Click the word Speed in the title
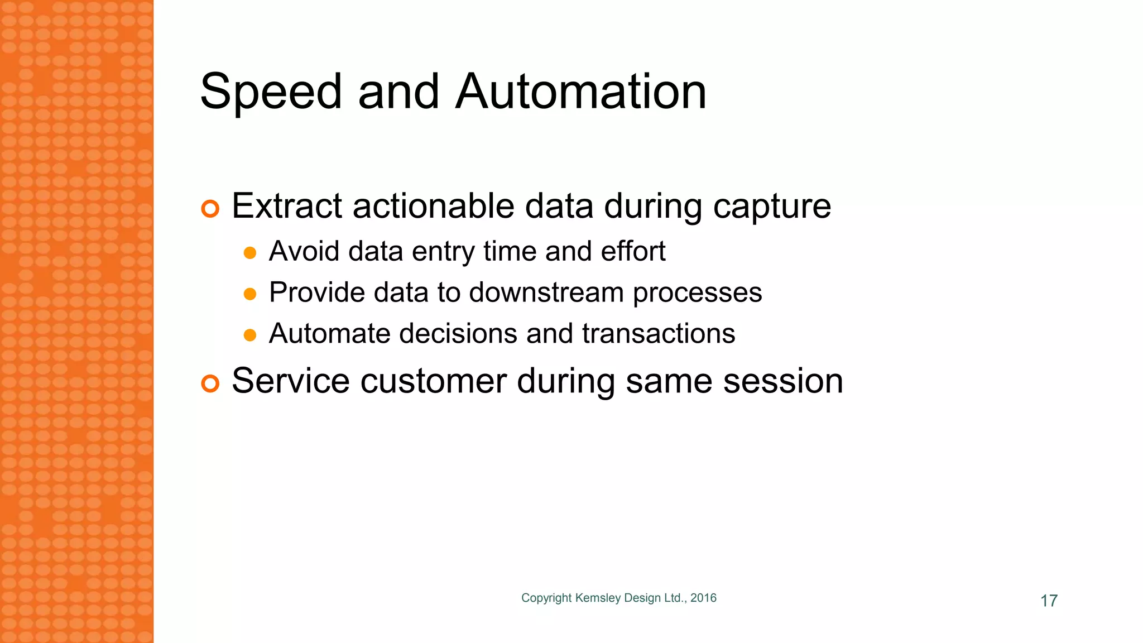[x=271, y=92]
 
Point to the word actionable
[x=434, y=206]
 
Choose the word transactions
[x=659, y=334]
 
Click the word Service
[x=291, y=381]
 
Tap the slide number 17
[x=1049, y=601]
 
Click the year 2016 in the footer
[x=703, y=598]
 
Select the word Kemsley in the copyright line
[x=598, y=598]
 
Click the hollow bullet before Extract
[x=210, y=209]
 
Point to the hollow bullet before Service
[x=210, y=383]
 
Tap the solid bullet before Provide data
[x=250, y=294]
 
